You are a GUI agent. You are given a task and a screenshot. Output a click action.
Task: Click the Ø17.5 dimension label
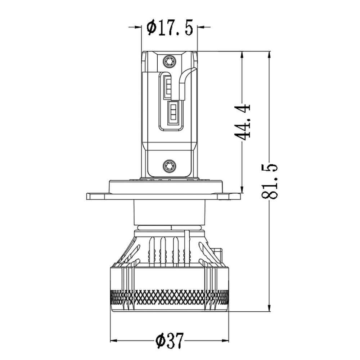(x=170, y=28)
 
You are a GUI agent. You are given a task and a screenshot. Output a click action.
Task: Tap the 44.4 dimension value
(x=242, y=122)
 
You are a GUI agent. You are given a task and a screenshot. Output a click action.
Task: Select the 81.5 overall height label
(x=269, y=181)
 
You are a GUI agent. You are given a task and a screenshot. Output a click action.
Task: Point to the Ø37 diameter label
(x=170, y=340)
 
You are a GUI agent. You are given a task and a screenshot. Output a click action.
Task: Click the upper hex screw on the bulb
(x=170, y=61)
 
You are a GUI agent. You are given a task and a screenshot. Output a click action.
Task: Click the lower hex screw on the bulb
(x=170, y=166)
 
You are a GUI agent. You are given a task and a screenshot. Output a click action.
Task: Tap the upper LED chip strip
(x=168, y=87)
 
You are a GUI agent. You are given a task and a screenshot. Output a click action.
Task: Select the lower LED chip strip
(x=173, y=113)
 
